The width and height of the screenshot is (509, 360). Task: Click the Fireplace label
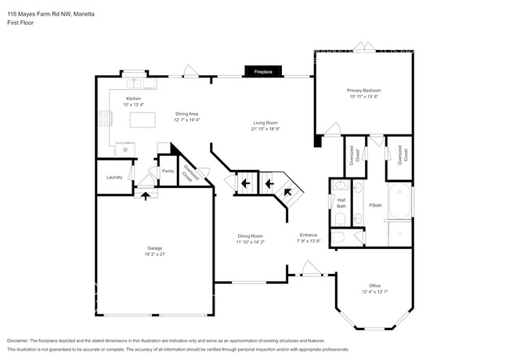(263, 72)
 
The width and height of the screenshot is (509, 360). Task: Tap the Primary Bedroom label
(363, 91)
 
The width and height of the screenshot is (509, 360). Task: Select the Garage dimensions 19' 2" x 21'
(153, 254)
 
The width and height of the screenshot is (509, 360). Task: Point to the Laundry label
(114, 177)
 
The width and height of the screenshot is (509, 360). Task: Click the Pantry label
(167, 171)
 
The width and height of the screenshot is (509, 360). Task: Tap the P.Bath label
(375, 205)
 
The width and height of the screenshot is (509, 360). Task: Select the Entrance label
(309, 235)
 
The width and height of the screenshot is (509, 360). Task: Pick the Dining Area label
(186, 113)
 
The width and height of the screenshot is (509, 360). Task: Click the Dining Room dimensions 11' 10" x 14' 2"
(251, 242)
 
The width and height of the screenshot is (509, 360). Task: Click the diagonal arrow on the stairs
(287, 190)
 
